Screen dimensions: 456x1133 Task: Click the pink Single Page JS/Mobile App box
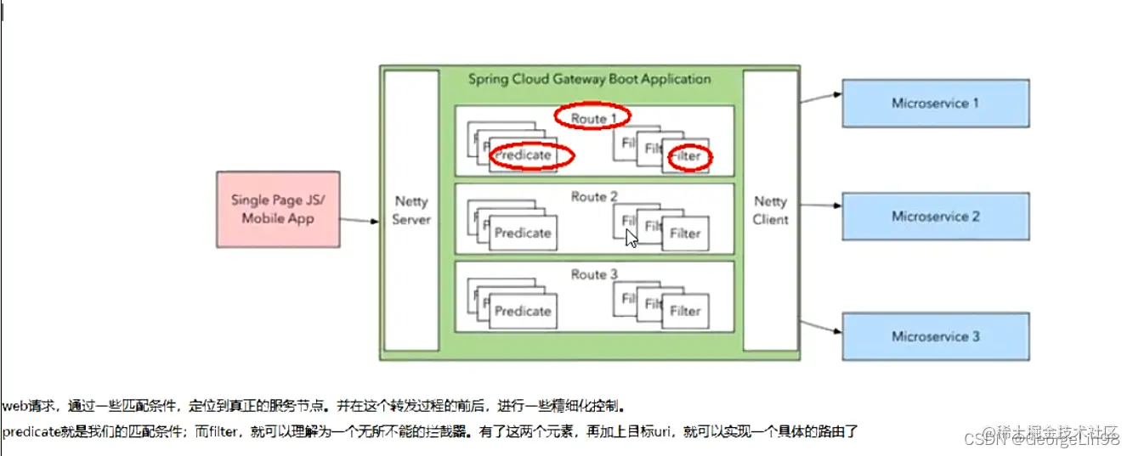277,209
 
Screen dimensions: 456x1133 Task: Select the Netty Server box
411,211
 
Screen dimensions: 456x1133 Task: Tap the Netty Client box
770,211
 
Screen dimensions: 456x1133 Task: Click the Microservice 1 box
935,104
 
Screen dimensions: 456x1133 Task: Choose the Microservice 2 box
935,217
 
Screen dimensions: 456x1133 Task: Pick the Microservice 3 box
935,336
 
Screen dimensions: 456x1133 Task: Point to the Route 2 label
594,197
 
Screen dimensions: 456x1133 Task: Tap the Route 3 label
594,274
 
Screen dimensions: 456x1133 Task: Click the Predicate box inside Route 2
523,234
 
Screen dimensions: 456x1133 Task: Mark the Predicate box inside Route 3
523,311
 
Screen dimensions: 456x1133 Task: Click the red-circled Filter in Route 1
688,157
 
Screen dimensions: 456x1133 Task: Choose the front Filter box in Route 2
685,234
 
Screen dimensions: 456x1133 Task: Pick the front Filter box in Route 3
685,311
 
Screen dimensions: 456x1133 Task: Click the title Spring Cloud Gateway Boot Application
589,79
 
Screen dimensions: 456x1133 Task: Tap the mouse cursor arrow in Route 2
632,238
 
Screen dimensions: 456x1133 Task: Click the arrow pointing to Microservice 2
819,205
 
